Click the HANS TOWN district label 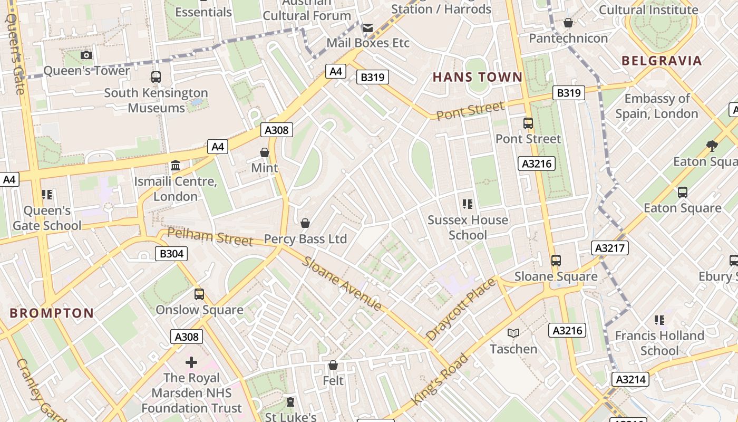478,77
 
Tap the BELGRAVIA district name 662,60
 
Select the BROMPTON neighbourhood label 52,313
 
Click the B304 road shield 171,254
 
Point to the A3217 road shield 610,247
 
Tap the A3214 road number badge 630,379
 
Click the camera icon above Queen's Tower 86,55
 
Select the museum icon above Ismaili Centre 176,166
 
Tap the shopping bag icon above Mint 265,152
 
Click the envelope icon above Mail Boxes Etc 367,27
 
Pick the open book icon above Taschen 513,333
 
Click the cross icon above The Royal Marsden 191,362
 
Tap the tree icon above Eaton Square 712,146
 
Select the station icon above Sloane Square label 556,260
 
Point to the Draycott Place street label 461,309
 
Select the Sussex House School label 468,227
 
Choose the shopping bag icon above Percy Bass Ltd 305,223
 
